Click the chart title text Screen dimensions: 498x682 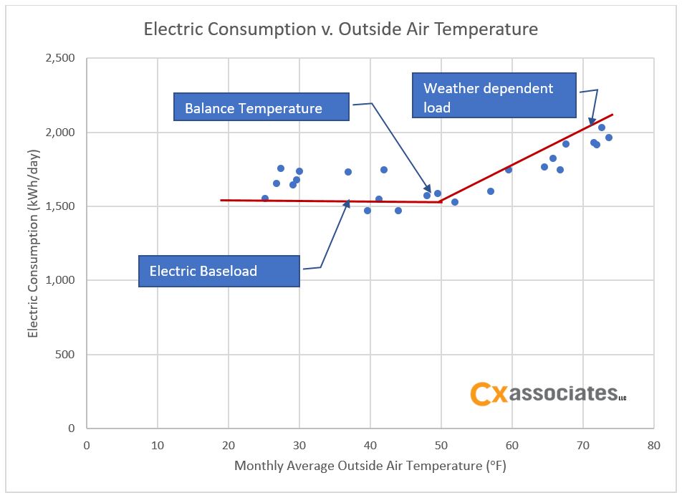(x=340, y=29)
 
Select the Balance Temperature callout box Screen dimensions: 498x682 (x=261, y=108)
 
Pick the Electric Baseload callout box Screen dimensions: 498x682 (x=219, y=271)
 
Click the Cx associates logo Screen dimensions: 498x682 (x=547, y=393)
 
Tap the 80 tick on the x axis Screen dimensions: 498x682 (x=653, y=445)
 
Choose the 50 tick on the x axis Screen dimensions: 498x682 (x=441, y=445)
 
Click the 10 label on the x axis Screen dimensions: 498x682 (x=157, y=445)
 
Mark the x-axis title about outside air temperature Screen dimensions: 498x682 (x=370, y=466)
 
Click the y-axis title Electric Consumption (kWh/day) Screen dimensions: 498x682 (x=33, y=243)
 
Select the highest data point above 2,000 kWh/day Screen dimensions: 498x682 (x=602, y=128)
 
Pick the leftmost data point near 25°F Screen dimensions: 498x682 (x=265, y=198)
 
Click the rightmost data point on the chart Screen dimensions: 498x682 (x=609, y=138)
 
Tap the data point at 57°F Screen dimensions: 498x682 (x=491, y=191)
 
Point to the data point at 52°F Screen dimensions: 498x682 (x=454, y=202)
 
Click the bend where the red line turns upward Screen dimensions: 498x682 (x=441, y=202)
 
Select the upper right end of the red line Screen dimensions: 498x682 (x=613, y=115)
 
